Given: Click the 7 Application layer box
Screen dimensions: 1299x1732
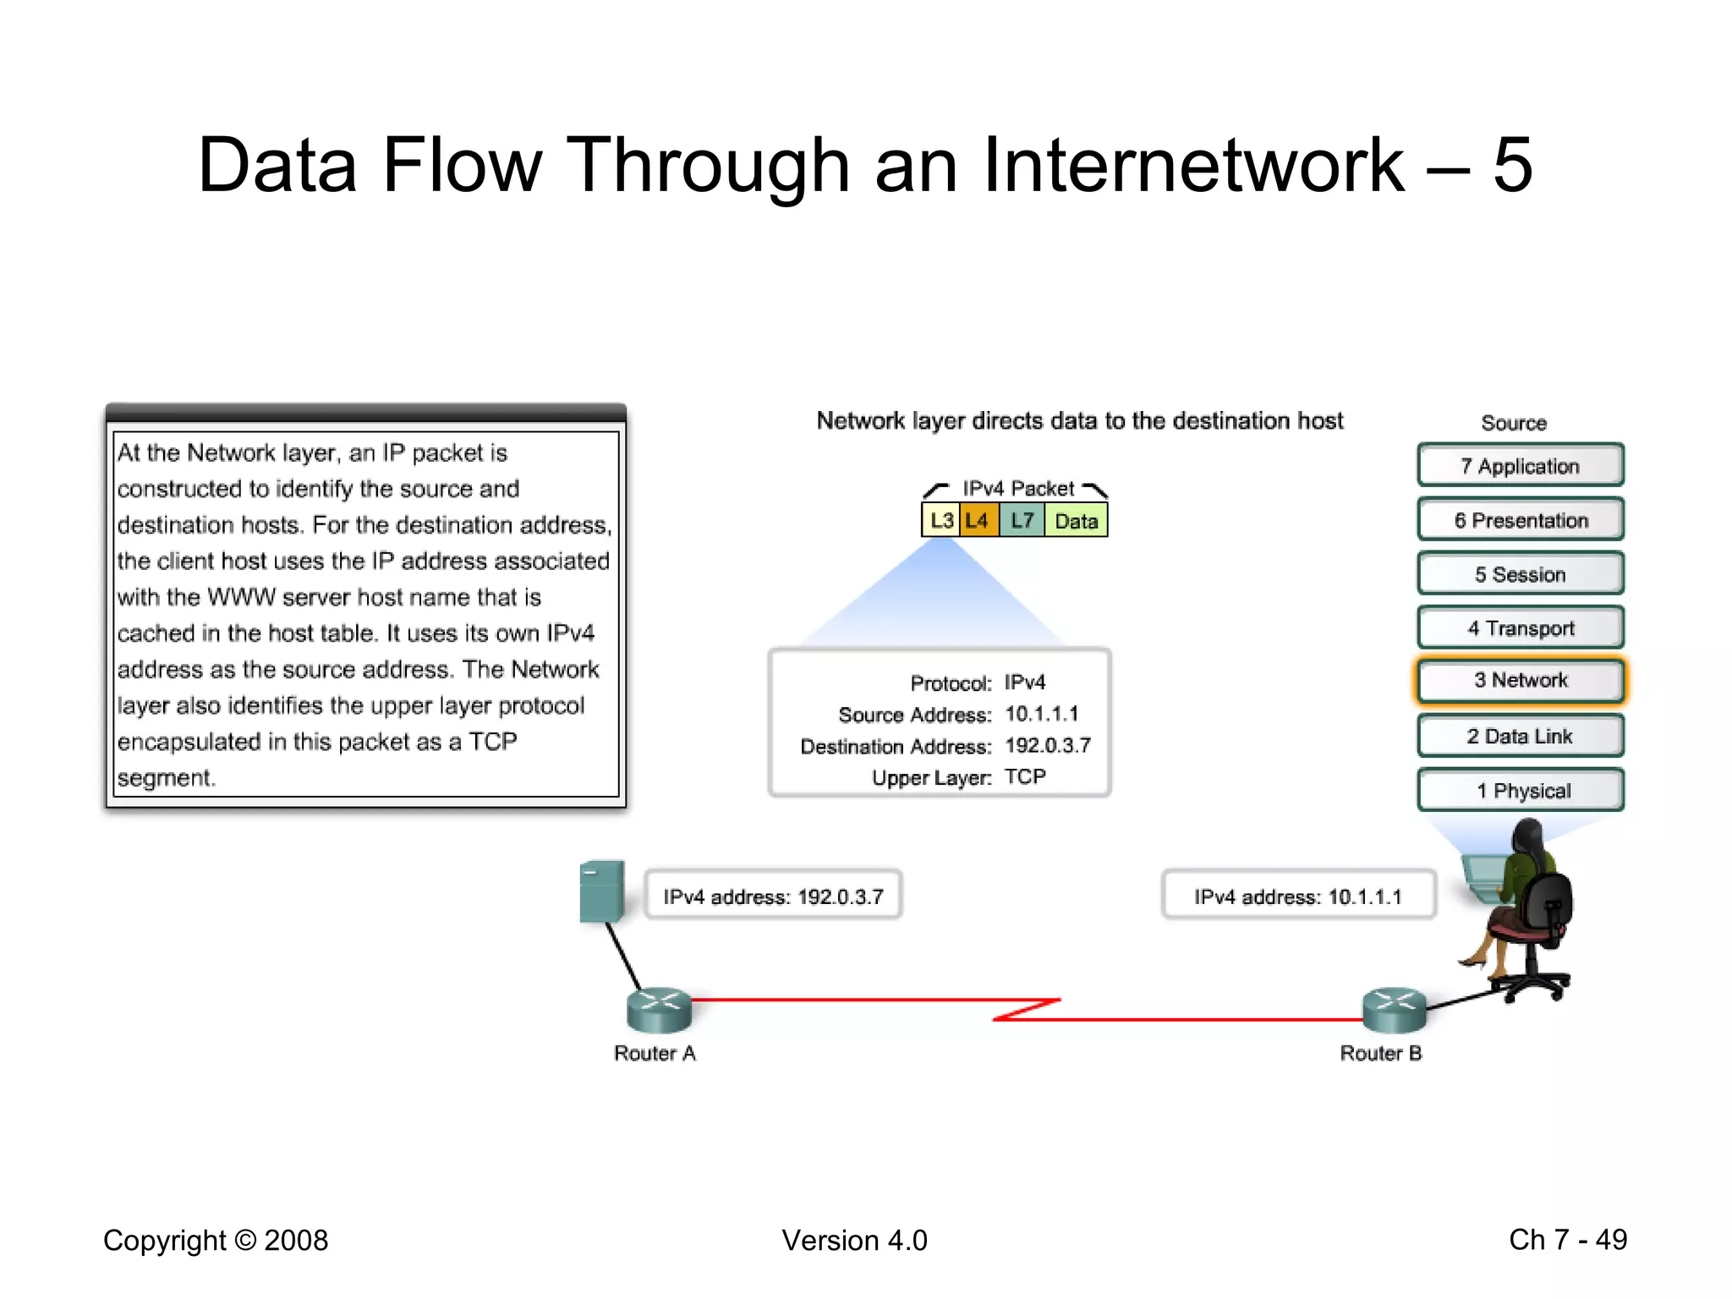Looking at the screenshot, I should pos(1520,465).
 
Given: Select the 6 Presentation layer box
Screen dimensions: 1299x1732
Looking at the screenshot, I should pos(1520,519).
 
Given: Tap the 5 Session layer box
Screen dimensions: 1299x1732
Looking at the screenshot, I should pos(1520,573).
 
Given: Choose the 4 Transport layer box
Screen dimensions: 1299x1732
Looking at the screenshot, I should pos(1520,628).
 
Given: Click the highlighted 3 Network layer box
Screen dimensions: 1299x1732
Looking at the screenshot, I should pos(1520,681).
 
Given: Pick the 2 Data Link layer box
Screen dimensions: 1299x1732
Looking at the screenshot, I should pos(1520,736).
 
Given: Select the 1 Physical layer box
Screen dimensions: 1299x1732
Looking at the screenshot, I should pos(1520,790).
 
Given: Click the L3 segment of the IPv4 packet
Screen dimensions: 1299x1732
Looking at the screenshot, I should pos(940,520).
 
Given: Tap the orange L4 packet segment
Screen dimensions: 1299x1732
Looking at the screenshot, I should pos(978,520).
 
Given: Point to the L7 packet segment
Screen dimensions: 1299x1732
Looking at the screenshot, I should pos(1022,520).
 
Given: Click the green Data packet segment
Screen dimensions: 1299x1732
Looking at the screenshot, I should pos(1076,520).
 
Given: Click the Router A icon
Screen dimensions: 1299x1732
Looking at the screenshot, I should pos(659,1010).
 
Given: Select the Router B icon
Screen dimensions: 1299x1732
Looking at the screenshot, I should pos(1394,1010).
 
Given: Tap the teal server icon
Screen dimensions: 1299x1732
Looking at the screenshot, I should pos(602,891).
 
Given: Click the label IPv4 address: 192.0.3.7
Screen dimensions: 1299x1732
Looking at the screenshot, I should pos(773,896).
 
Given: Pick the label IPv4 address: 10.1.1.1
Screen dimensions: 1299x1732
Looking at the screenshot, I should pos(1297,896).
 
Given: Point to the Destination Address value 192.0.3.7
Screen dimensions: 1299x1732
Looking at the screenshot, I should pos(1047,745).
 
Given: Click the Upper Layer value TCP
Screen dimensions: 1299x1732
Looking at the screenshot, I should pos(1025,776).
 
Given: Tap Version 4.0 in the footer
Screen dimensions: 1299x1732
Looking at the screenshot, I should pos(854,1240).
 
